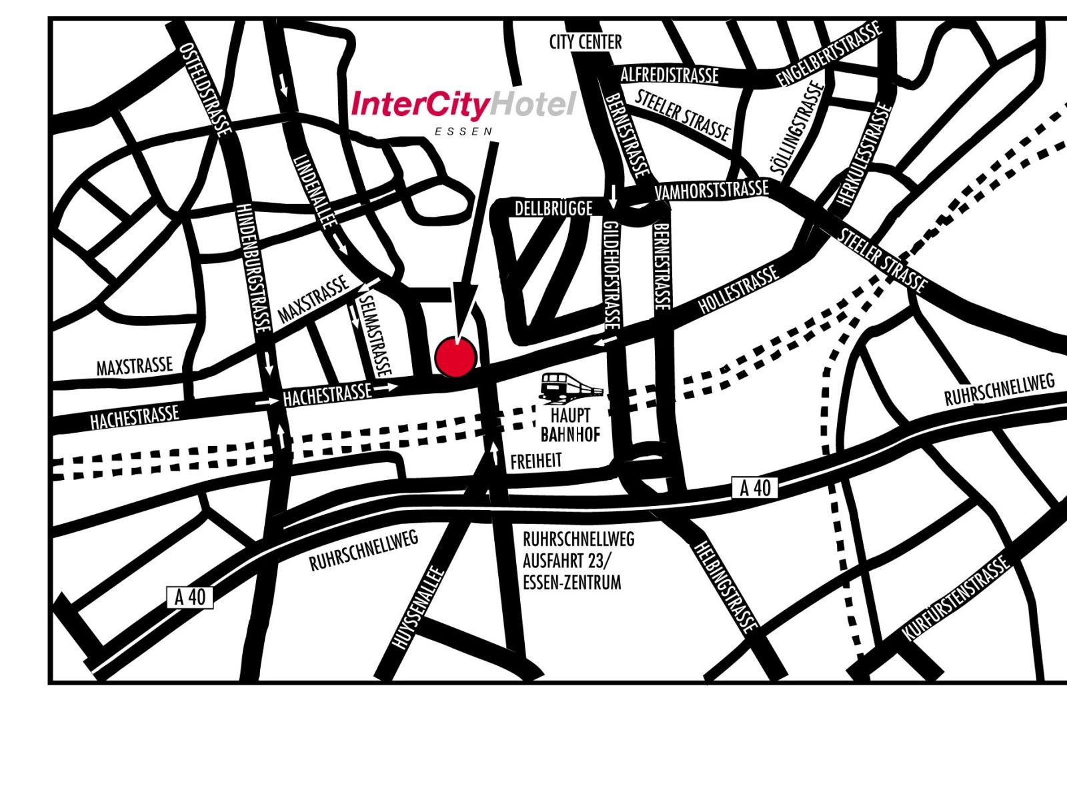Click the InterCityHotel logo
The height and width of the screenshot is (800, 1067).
(463, 105)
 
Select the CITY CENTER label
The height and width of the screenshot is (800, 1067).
(585, 42)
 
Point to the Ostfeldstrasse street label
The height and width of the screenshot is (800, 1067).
(206, 89)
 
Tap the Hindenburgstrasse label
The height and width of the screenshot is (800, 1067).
(253, 268)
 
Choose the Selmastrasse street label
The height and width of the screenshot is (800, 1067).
(374, 333)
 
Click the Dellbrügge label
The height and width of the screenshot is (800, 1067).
(554, 209)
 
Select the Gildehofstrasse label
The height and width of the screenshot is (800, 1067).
(612, 275)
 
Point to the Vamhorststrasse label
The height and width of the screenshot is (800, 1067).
(712, 190)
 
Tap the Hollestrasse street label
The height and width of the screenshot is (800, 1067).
(739, 289)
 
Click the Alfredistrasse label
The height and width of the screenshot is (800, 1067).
(670, 75)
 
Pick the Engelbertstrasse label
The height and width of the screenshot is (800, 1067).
(829, 53)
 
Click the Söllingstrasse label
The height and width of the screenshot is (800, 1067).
(798, 128)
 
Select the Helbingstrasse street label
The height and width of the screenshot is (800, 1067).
(726, 585)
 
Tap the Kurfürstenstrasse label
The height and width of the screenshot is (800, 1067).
(955, 600)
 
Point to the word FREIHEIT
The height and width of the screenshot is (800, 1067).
(536, 461)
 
